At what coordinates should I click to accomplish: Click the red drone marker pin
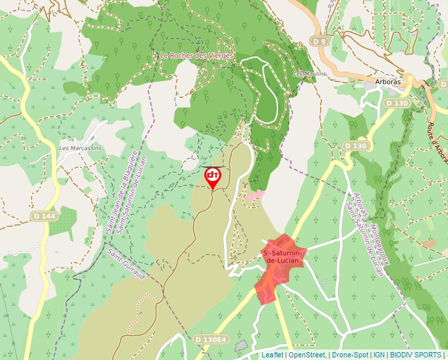(x=213, y=176)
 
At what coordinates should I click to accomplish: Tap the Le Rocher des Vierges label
(x=197, y=56)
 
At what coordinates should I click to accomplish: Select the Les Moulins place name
(x=310, y=74)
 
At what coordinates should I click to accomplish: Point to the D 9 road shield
(x=320, y=41)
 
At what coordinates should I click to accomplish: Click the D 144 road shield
(x=44, y=216)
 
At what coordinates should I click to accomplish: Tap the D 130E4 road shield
(x=211, y=340)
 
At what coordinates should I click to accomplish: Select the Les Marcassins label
(x=80, y=148)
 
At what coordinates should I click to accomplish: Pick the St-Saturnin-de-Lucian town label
(x=283, y=257)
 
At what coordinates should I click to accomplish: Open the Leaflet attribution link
(x=272, y=355)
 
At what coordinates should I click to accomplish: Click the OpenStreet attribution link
(x=307, y=355)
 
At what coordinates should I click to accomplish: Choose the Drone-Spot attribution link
(x=350, y=355)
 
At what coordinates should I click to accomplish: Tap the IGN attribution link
(x=379, y=355)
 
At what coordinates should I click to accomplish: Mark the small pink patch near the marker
(x=256, y=195)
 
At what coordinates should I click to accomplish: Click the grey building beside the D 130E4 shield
(x=241, y=346)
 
